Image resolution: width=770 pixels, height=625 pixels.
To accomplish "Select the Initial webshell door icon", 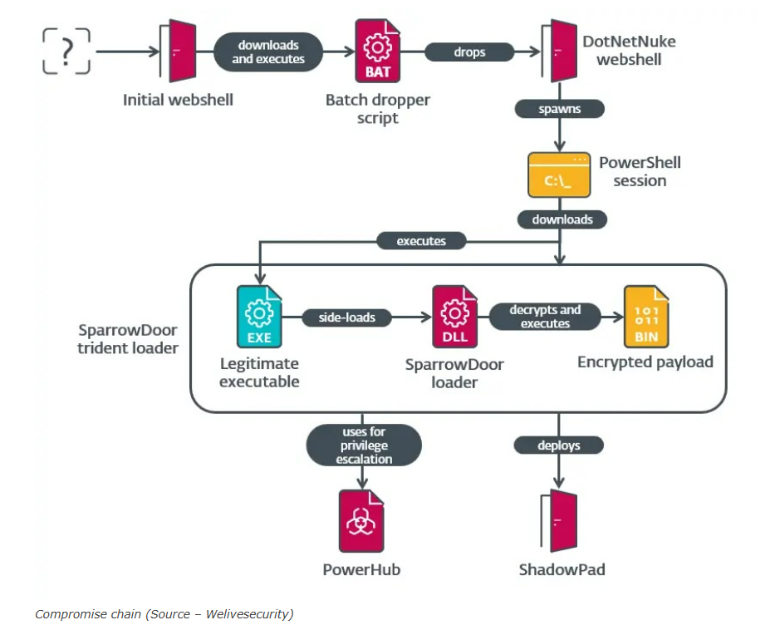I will [x=177, y=51].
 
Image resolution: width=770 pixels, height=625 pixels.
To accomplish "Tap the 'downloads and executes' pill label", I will [x=268, y=52].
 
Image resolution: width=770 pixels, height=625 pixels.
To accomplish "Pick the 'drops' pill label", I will [x=469, y=52].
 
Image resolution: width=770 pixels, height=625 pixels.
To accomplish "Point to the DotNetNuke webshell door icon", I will [x=560, y=51].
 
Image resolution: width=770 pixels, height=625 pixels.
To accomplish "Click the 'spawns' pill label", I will [x=559, y=109].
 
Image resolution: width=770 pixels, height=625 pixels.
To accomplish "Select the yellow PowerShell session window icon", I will [x=559, y=174].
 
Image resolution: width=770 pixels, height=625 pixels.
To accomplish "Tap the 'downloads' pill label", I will [x=562, y=219].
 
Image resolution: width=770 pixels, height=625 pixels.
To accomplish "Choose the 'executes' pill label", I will [x=421, y=241].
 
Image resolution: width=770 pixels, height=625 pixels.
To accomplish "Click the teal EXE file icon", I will [x=258, y=317].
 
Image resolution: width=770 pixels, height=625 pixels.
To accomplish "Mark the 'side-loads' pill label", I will [x=346, y=317].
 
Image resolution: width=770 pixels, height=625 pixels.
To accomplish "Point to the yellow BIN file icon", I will [x=646, y=317].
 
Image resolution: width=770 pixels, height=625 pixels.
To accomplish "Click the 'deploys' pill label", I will [x=558, y=445].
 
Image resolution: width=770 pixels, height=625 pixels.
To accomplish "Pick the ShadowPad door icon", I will [x=560, y=520].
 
